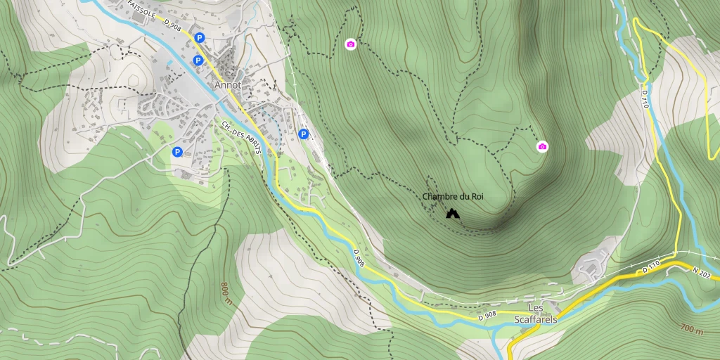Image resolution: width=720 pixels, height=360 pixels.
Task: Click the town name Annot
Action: coord(228,85)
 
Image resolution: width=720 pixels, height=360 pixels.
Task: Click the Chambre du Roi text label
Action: coord(453,197)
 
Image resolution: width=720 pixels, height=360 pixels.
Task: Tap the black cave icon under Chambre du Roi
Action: coord(452,212)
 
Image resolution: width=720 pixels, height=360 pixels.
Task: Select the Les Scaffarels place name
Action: coord(536,314)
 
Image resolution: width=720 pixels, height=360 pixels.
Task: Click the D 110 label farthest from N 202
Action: coord(645,98)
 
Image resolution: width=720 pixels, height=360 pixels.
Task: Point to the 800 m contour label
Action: coord(226,289)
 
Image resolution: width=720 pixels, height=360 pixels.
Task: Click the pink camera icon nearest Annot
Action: coord(351,44)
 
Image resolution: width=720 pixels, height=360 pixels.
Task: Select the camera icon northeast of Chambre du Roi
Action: coord(542,146)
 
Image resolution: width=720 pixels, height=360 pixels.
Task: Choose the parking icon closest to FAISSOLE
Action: coord(200,38)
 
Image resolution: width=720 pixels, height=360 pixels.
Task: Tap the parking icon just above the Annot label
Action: coord(198,60)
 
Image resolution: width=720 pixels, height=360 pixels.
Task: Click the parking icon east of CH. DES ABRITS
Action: coord(304,134)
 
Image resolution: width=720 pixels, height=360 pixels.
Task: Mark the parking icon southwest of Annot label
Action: coord(177,151)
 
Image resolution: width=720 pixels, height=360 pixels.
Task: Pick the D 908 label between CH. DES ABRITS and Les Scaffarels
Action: coord(359,258)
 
